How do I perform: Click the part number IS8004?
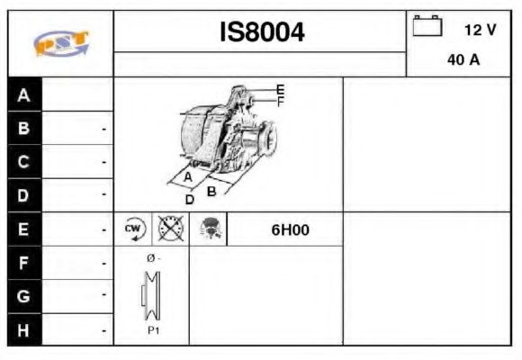pyautogui.click(x=262, y=32)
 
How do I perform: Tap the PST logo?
pyautogui.click(x=60, y=43)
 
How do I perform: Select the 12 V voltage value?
pyautogui.click(x=479, y=30)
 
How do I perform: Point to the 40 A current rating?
pyautogui.click(x=462, y=61)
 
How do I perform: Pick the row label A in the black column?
pyautogui.click(x=24, y=95)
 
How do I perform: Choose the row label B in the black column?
pyautogui.click(x=24, y=129)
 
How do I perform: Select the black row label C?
pyautogui.click(x=24, y=162)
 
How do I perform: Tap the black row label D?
pyautogui.click(x=24, y=195)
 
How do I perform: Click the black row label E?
pyautogui.click(x=24, y=229)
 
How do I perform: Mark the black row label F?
pyautogui.click(x=24, y=263)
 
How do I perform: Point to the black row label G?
pyautogui.click(x=24, y=295)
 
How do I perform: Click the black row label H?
pyautogui.click(x=24, y=328)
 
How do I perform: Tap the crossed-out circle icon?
pyautogui.click(x=170, y=229)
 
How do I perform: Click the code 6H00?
pyautogui.click(x=290, y=229)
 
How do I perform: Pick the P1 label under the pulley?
pyautogui.click(x=152, y=330)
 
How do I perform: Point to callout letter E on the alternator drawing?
pyautogui.click(x=280, y=89)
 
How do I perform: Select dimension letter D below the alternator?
pyautogui.click(x=189, y=200)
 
